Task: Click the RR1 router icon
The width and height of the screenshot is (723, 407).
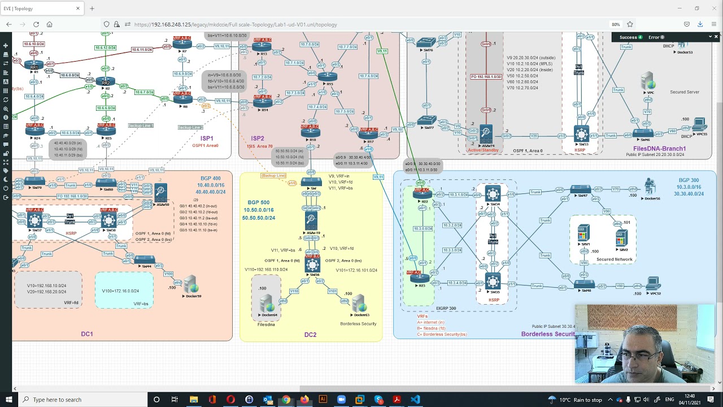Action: (34, 65)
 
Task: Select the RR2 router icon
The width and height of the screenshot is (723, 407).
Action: (106, 82)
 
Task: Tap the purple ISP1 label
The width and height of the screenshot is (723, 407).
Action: (207, 138)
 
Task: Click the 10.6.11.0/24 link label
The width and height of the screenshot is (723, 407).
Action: (142, 50)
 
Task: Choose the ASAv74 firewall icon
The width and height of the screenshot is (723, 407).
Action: (486, 133)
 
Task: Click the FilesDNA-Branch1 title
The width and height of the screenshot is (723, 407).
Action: (659, 149)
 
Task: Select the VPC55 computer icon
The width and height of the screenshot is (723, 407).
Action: (699, 124)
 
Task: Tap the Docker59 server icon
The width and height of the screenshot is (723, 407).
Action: (191, 284)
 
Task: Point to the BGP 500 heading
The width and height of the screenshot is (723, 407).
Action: (258, 202)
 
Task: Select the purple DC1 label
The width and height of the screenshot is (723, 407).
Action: (86, 334)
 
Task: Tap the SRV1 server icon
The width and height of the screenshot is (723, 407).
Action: (583, 233)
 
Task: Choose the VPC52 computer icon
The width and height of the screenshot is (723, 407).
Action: (654, 283)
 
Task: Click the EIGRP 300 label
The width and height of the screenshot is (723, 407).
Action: (446, 309)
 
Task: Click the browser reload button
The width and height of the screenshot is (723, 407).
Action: (36, 24)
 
